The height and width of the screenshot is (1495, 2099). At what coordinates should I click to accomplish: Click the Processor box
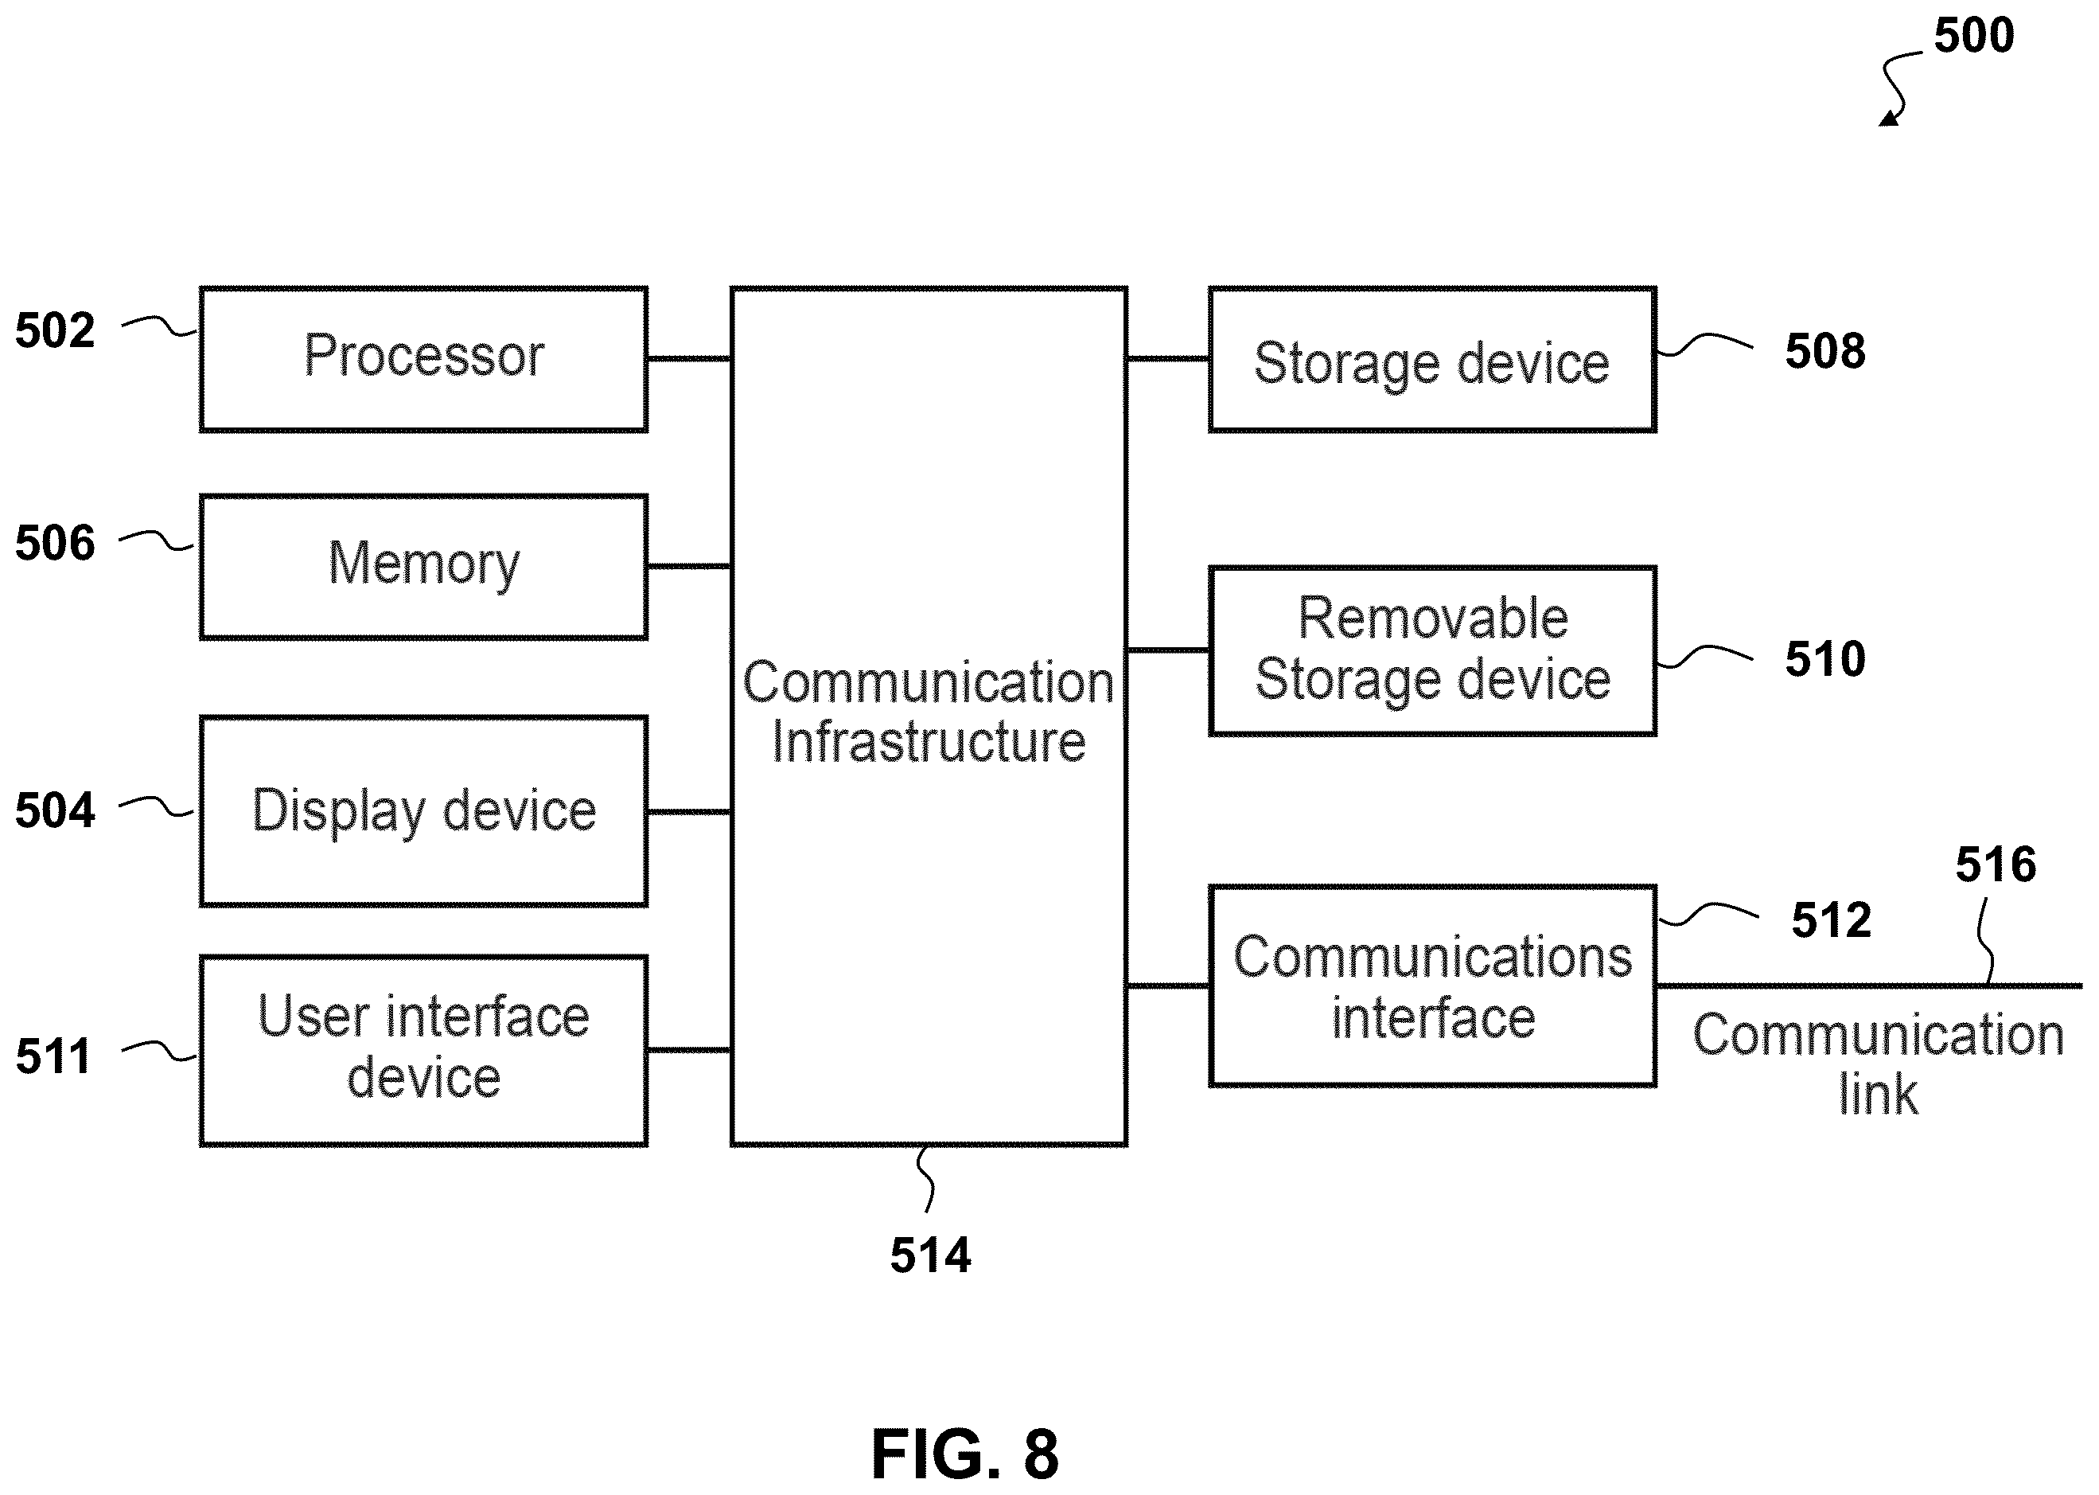[x=423, y=359]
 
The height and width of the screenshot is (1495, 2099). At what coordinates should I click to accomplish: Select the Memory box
[x=423, y=566]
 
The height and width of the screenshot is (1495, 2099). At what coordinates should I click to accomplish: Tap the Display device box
[x=423, y=811]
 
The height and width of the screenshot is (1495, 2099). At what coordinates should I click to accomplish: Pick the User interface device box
[x=423, y=1050]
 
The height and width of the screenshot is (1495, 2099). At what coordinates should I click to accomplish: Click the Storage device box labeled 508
[x=1432, y=359]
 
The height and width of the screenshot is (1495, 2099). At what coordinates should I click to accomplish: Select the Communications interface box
[x=1432, y=986]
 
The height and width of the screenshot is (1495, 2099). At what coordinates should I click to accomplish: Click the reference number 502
[x=55, y=330]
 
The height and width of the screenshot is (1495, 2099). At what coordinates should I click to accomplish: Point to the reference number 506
[x=55, y=542]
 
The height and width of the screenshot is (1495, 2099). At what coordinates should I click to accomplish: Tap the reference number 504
[x=55, y=810]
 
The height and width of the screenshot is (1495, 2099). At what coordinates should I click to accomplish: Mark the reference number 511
[x=53, y=1056]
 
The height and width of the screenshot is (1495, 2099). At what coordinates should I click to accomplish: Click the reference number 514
[x=930, y=1255]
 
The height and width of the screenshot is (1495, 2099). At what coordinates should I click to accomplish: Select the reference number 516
[x=1996, y=865]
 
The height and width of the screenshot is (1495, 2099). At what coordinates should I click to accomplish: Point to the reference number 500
[x=1974, y=35]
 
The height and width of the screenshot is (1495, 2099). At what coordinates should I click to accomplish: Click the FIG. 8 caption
[x=964, y=1454]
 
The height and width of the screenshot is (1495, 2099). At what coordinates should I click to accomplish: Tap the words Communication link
[x=1878, y=1064]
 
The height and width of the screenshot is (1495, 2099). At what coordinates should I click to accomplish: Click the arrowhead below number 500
[x=1888, y=118]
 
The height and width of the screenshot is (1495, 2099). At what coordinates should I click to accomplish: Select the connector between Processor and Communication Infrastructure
[x=689, y=358]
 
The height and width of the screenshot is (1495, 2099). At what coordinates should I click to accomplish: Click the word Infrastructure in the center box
[x=929, y=742]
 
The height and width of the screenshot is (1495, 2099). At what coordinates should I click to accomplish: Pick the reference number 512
[x=1831, y=919]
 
